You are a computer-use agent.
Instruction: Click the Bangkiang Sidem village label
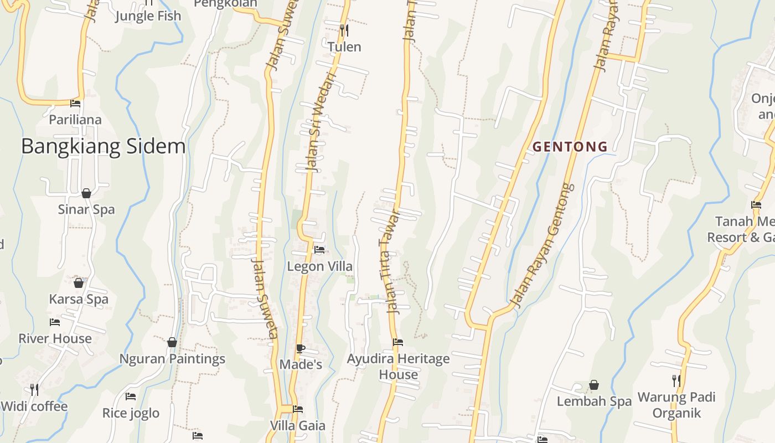click(x=104, y=147)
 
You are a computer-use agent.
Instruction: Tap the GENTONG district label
click(x=570, y=147)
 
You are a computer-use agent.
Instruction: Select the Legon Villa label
click(x=319, y=266)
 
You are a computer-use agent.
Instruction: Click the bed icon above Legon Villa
click(x=319, y=250)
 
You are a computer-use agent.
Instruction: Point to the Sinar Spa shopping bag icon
click(x=86, y=193)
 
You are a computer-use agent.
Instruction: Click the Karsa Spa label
click(x=79, y=299)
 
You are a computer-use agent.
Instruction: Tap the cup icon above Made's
click(x=300, y=348)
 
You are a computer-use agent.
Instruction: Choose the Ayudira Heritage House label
click(x=398, y=367)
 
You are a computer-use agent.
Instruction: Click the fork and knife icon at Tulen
click(x=344, y=30)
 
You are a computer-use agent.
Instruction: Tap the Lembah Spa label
click(x=594, y=401)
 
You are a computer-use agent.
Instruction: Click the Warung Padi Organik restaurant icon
click(x=676, y=380)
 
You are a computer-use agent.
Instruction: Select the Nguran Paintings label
click(x=172, y=359)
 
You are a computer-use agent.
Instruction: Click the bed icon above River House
click(x=54, y=322)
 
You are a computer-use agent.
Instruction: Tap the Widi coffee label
click(x=34, y=406)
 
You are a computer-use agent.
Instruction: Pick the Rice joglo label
click(x=131, y=413)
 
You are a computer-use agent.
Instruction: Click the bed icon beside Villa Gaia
click(x=298, y=409)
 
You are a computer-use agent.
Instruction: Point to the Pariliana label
click(x=75, y=120)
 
